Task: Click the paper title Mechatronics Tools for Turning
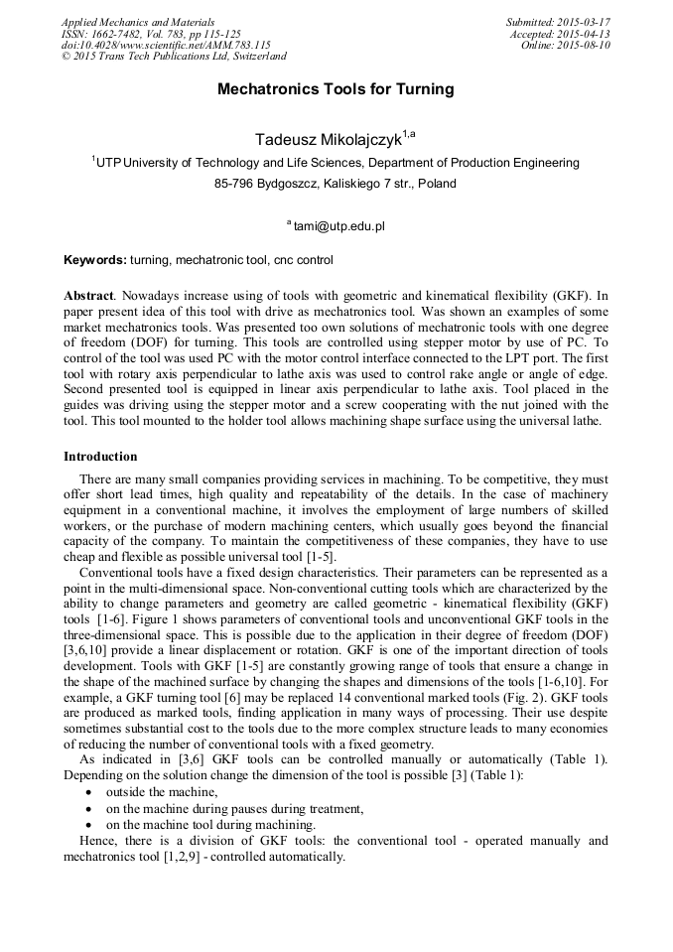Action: click(x=336, y=89)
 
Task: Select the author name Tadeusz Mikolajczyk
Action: click(x=327, y=139)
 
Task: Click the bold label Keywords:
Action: click(x=95, y=260)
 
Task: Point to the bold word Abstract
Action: click(x=88, y=296)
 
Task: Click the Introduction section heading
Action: click(x=100, y=457)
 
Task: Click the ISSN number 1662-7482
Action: click(x=117, y=34)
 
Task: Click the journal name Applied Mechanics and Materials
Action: click(x=137, y=22)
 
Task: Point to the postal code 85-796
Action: click(x=234, y=184)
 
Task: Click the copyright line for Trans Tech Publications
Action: click(x=174, y=57)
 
